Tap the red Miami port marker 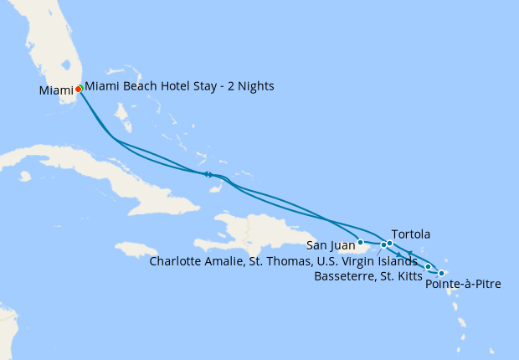78,89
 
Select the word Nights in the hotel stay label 254,86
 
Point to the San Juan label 329,245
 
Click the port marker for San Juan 360,243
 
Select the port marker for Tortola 390,244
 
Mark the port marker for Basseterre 429,267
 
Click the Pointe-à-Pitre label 463,285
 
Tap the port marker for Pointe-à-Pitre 441,273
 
